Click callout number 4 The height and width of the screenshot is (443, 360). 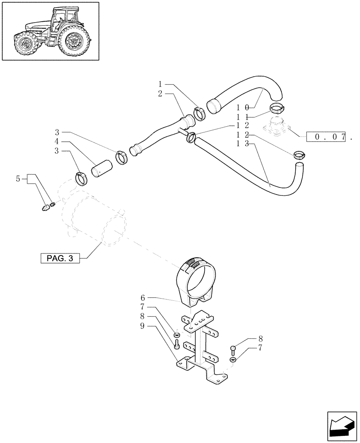(57, 142)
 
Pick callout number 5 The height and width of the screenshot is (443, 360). (18, 179)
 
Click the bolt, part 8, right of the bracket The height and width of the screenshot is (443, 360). (234, 350)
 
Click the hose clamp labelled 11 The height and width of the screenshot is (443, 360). (277, 107)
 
